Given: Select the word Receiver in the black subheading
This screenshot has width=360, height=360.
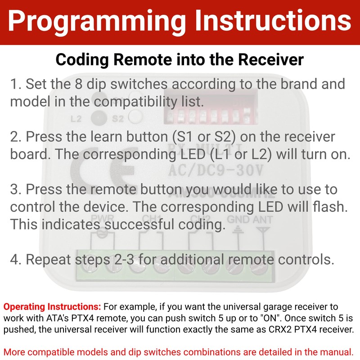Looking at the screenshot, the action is [271, 60].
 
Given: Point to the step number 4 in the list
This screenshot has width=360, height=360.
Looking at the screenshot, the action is [15, 260].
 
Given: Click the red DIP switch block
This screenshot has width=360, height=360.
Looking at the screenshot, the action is [211, 107].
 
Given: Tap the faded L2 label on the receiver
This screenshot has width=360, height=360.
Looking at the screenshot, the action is [76, 119].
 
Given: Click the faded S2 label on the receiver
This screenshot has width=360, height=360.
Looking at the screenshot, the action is [118, 118].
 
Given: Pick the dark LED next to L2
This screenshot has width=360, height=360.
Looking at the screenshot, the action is [99, 117].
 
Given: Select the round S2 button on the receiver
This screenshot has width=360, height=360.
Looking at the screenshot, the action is [136, 117].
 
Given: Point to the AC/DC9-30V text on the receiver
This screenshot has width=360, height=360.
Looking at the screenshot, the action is [216, 171].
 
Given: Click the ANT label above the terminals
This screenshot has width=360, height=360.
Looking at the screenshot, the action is [263, 220].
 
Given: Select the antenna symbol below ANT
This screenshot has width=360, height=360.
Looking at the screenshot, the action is [263, 238].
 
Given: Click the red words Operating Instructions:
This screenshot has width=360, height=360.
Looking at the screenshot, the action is [52, 306].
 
